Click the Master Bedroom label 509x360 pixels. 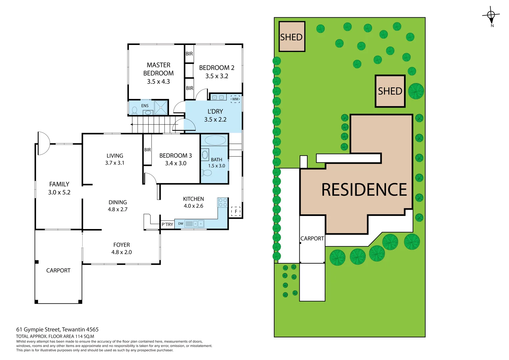[158, 69]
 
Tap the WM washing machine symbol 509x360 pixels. [235, 99]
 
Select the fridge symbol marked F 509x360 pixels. [236, 211]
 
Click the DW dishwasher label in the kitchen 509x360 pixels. [181, 224]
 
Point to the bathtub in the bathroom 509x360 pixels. [215, 140]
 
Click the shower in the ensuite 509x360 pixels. [161, 107]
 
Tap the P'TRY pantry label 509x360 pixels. [167, 224]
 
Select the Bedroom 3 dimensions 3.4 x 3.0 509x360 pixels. [176, 163]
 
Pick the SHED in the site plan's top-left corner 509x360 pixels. [292, 37]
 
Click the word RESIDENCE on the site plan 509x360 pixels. [364, 190]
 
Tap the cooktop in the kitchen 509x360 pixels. [222, 202]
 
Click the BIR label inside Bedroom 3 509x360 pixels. [147, 150]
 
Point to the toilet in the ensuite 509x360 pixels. [135, 110]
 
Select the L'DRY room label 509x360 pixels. [215, 111]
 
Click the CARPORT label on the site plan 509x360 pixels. [312, 238]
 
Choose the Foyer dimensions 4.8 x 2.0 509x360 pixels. [121, 252]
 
